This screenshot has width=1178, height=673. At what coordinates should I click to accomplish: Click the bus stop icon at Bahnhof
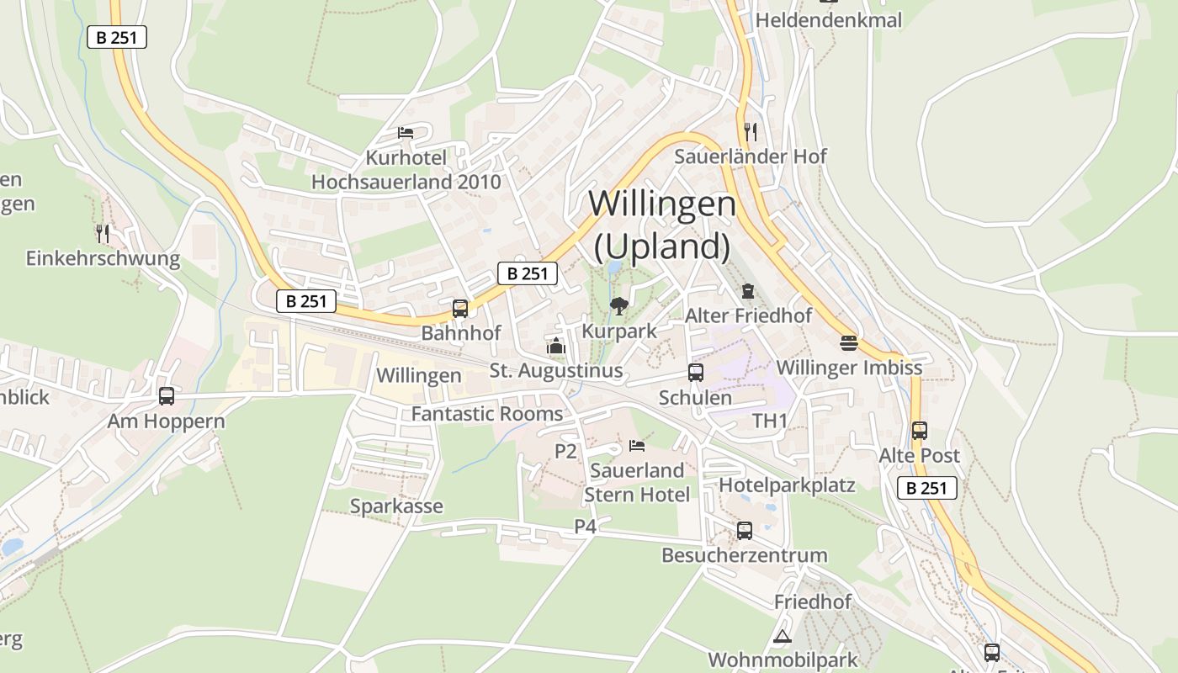459,309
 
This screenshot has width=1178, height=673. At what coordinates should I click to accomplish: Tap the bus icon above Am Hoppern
167,396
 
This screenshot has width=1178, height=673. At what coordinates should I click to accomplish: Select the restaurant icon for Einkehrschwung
103,234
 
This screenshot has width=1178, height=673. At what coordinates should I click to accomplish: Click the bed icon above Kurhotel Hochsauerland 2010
406,133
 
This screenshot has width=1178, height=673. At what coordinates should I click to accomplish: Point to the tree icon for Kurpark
619,306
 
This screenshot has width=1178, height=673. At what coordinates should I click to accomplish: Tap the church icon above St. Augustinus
555,346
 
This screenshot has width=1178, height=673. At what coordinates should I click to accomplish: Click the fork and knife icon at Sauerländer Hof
751,132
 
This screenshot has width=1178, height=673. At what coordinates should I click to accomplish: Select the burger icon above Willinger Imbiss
848,343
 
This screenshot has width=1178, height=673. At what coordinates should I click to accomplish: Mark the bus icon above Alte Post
920,431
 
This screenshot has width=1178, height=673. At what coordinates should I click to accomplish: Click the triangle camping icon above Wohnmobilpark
783,636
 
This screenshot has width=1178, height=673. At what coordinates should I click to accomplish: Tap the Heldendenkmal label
829,19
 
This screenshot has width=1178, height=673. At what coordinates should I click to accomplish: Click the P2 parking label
565,452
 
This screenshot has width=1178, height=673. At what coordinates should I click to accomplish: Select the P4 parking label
586,527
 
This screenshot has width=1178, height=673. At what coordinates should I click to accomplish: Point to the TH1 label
770,421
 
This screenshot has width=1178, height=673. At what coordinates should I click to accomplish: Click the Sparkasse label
396,506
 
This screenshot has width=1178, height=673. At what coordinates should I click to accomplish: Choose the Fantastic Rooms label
487,414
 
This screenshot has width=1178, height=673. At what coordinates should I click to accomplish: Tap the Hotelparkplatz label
787,485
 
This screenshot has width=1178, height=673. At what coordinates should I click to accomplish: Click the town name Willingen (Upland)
662,225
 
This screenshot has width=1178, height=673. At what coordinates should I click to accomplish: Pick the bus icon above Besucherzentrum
745,531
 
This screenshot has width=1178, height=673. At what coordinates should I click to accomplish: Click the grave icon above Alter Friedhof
748,291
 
